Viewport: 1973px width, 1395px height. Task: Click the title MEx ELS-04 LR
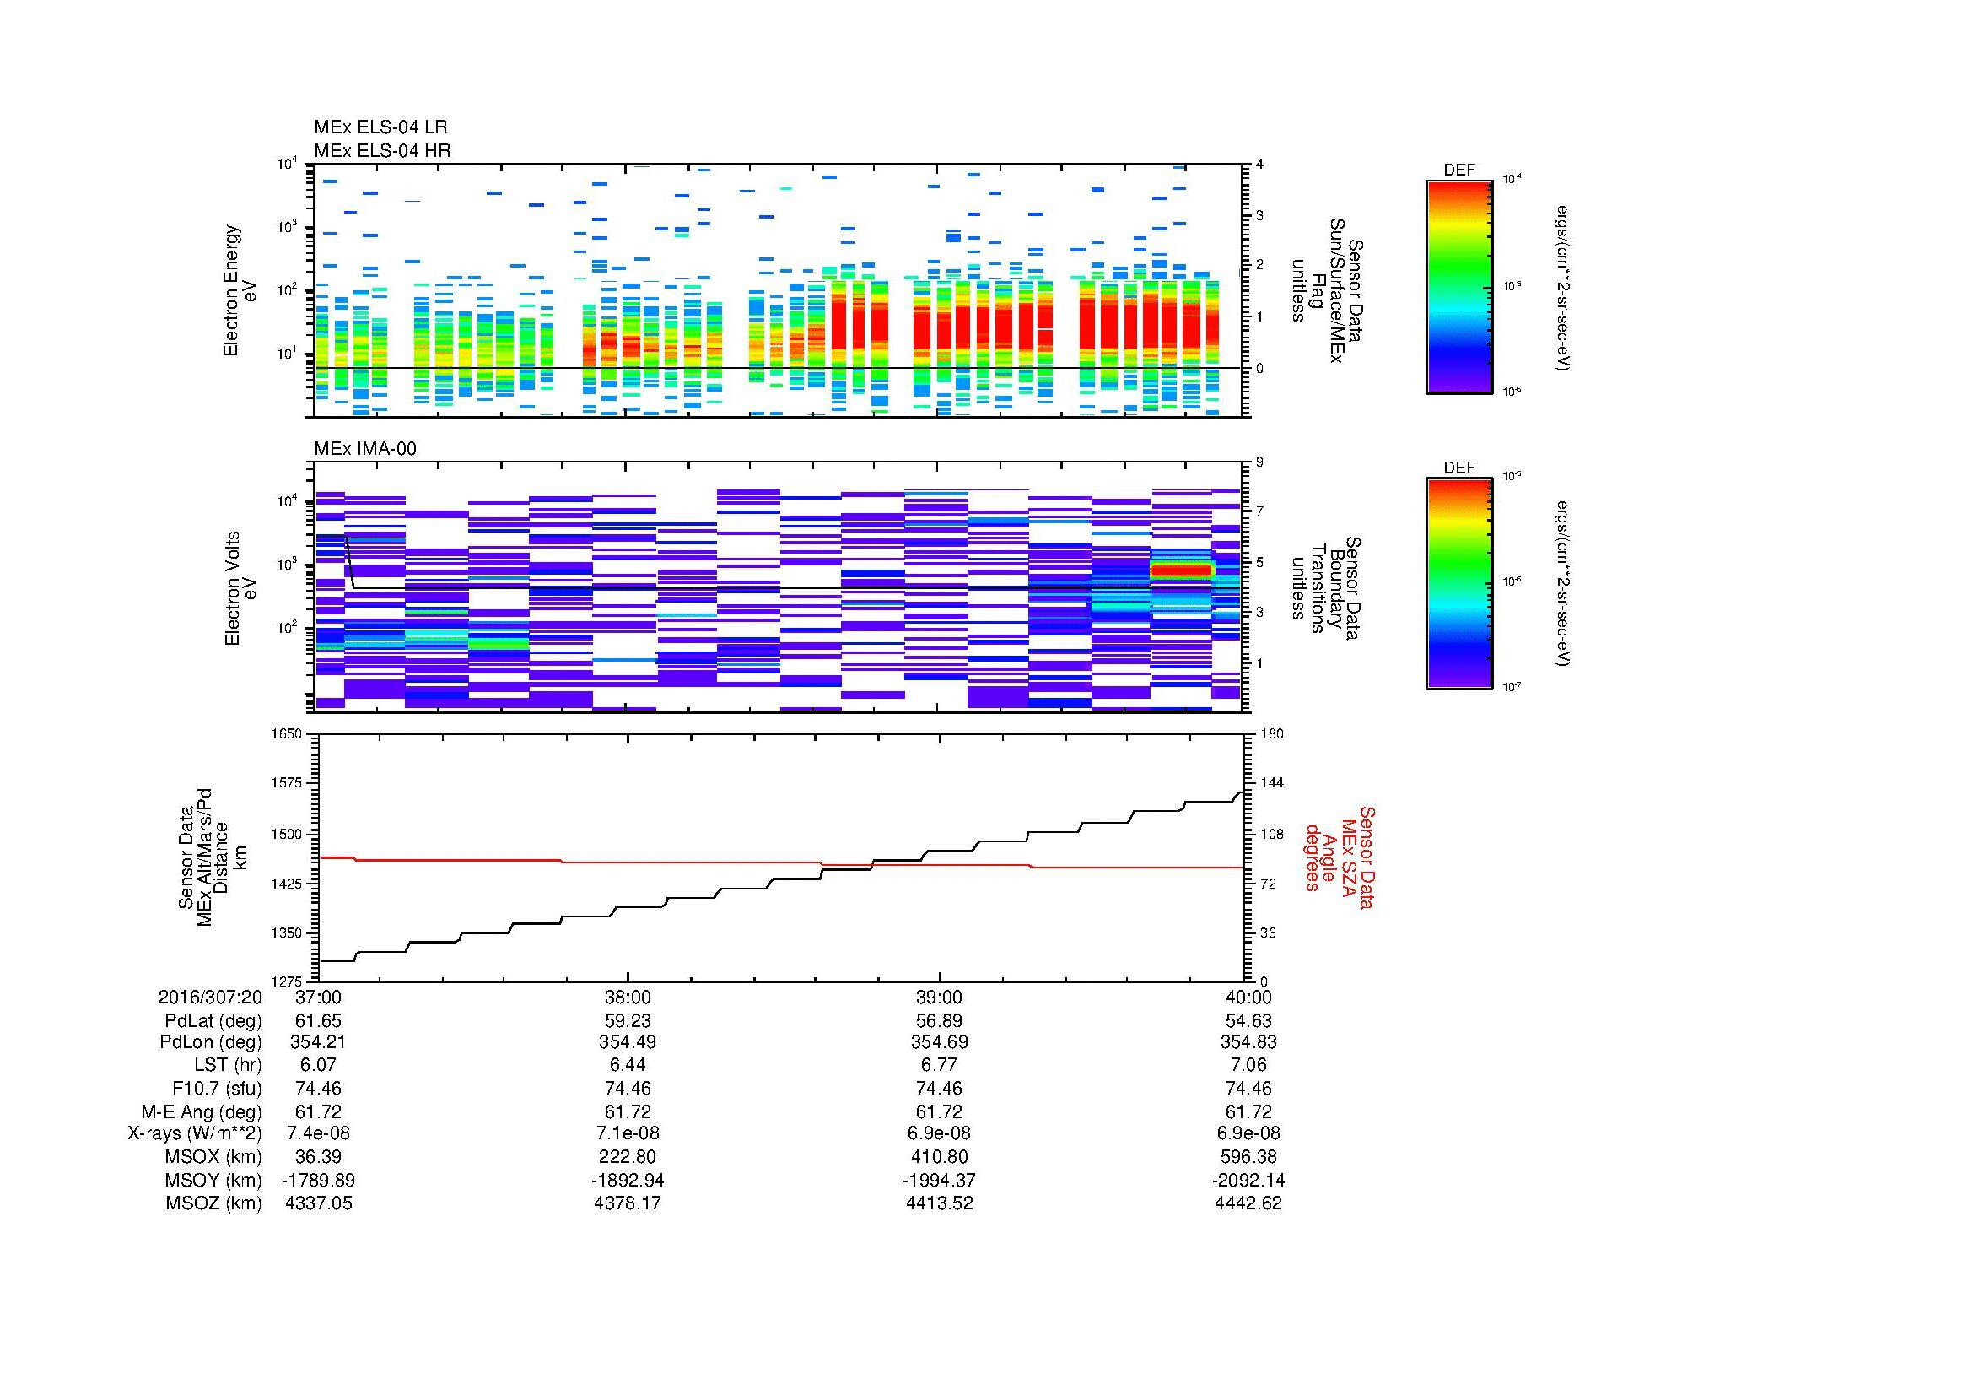coord(380,127)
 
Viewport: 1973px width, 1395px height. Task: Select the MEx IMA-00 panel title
coord(365,449)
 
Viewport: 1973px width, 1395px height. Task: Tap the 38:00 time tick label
coord(628,997)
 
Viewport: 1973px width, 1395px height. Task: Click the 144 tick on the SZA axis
coord(1271,783)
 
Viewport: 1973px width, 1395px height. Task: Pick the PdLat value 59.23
coord(628,1020)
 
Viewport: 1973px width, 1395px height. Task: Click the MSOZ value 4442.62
coord(1248,1203)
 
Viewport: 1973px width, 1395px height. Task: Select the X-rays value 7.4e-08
coord(318,1133)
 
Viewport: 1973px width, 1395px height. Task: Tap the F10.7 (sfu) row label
coord(217,1088)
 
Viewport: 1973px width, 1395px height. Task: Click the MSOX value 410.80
coord(939,1157)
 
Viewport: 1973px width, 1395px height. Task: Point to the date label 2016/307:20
coord(210,997)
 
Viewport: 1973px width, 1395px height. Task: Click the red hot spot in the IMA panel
coord(1181,570)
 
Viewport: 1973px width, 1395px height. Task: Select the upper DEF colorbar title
coord(1459,170)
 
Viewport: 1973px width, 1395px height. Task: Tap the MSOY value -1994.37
coord(939,1180)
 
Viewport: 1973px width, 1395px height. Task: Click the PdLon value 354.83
coord(1248,1042)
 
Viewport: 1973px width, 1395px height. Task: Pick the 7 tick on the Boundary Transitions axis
coord(1260,511)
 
